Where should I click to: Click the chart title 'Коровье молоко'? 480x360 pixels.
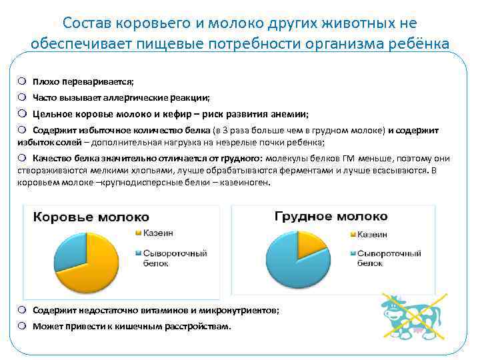coord(91,217)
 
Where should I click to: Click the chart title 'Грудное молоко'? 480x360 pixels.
coord(331,217)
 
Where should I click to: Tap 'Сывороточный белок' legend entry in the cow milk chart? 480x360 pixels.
coord(167,258)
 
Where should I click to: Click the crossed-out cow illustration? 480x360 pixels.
coord(414,315)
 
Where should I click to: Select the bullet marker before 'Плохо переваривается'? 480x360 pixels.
coord(22,81)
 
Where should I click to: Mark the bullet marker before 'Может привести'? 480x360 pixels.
coord(22,327)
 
